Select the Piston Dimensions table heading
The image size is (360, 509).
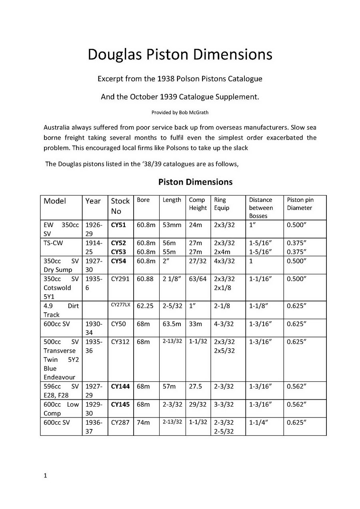(195, 182)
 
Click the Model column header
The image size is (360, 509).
(55, 201)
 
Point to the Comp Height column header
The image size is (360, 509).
(198, 204)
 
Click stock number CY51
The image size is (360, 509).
(118, 225)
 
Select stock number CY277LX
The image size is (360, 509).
(120, 305)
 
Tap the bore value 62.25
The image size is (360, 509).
(145, 305)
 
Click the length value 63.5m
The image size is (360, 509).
(172, 324)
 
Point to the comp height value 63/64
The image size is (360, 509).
(198, 279)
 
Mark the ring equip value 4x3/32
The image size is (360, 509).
(224, 261)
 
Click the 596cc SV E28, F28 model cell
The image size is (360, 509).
(61, 391)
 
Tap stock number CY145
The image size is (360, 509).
(120, 404)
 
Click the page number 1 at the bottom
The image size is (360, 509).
(45, 475)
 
